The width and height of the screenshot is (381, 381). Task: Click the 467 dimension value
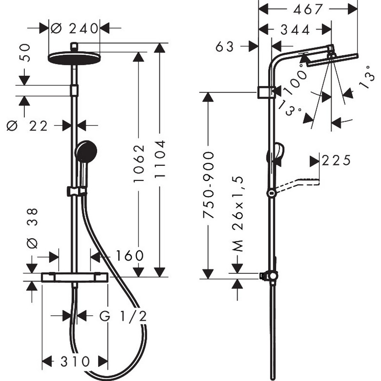(308, 10)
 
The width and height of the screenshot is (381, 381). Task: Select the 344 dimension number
(295, 30)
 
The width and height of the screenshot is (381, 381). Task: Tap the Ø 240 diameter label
(74, 29)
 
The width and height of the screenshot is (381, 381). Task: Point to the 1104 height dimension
(160, 159)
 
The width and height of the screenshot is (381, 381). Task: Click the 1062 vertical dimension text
(139, 163)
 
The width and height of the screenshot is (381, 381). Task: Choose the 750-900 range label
(208, 185)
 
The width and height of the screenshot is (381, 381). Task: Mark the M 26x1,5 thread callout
(237, 214)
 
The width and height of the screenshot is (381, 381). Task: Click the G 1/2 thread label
(123, 316)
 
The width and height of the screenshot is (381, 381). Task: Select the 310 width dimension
(75, 361)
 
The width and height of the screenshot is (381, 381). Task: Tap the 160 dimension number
(130, 255)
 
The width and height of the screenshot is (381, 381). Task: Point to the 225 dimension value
(336, 160)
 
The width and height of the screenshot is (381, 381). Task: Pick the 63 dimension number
(225, 46)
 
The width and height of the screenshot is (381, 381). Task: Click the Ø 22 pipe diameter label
(27, 126)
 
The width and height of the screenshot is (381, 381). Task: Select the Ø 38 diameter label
(32, 228)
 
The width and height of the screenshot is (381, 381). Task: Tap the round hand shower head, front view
(86, 151)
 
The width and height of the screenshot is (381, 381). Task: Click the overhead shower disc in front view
(74, 58)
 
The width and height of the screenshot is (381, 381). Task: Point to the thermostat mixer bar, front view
(74, 277)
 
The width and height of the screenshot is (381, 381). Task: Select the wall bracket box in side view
(266, 92)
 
